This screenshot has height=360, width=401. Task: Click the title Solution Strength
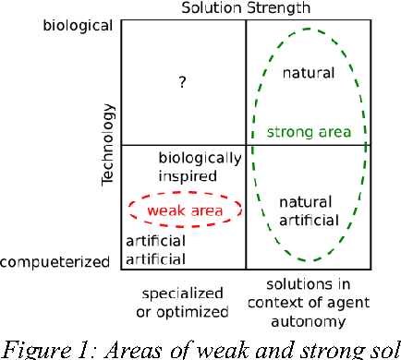(x=245, y=8)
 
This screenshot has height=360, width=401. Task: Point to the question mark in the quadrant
(x=183, y=83)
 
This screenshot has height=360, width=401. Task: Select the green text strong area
(x=309, y=132)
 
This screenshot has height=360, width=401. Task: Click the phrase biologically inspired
(x=199, y=166)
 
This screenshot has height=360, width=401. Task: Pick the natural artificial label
(x=307, y=210)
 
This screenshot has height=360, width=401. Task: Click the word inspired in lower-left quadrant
(x=188, y=175)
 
